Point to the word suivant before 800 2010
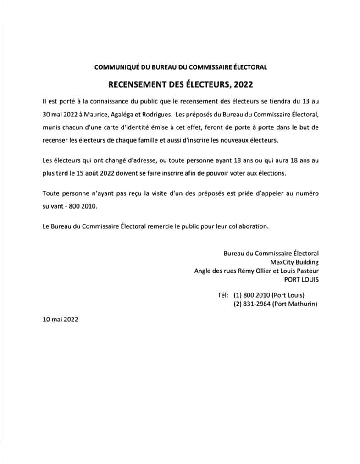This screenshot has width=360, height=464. coord(53,206)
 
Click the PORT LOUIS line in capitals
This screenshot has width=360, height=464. coord(301,279)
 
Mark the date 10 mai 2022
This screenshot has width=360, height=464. coord(60,320)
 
